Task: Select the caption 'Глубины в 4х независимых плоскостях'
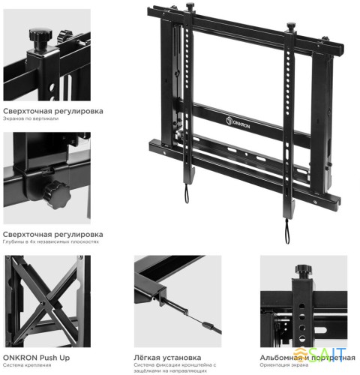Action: point(50,242)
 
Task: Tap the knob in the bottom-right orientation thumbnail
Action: point(304,270)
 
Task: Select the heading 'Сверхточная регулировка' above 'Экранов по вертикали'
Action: point(52,111)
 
